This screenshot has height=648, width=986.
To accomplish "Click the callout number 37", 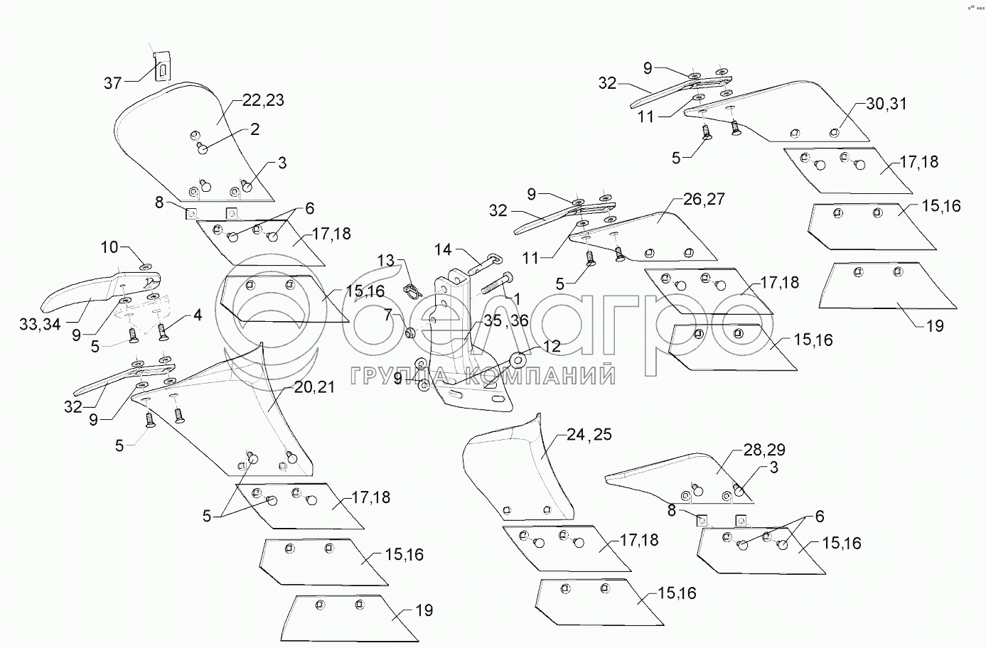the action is point(113,82).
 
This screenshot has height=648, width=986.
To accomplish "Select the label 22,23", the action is point(263,100).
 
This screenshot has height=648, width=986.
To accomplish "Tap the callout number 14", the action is point(443,250).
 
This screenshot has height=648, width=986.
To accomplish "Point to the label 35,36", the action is point(506,320).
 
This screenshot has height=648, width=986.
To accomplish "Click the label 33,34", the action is point(40,325).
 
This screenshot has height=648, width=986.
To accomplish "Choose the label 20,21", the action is point(314,387).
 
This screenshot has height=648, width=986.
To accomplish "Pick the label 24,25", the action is point(589,435).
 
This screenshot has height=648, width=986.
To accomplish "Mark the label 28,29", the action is point(764,450).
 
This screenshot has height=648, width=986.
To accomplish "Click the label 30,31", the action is point(886,104).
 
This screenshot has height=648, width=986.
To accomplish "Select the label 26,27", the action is point(704,199).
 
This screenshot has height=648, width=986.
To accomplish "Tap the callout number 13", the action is point(386,261).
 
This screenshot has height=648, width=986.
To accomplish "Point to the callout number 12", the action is point(552,346).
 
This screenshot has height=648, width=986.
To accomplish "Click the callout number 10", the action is point(109,247).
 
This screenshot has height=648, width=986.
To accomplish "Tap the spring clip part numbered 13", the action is point(411,291).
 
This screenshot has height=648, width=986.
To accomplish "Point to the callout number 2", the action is point(255,129).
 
